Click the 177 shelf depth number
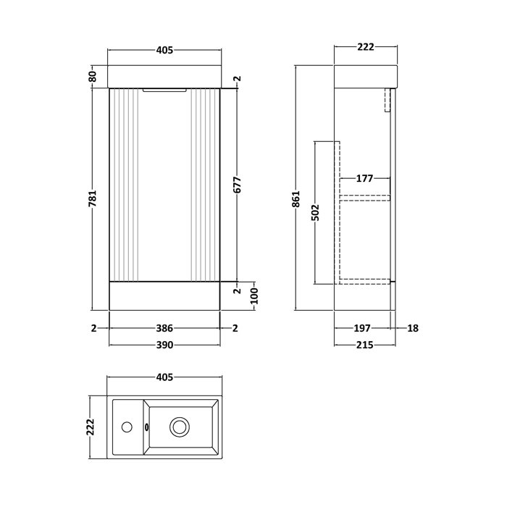pyautogui.click(x=364, y=178)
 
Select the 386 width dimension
pyautogui.click(x=164, y=328)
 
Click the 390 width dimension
pyautogui.click(x=164, y=345)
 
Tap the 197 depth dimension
pyautogui.click(x=363, y=328)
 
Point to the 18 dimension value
pyautogui.click(x=413, y=328)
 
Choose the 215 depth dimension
pyautogui.click(x=364, y=345)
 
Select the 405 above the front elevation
pyautogui.click(x=164, y=50)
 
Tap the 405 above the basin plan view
pyautogui.click(x=164, y=377)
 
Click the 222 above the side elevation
pyautogui.click(x=365, y=47)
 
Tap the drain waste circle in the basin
pyautogui.click(x=179, y=427)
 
